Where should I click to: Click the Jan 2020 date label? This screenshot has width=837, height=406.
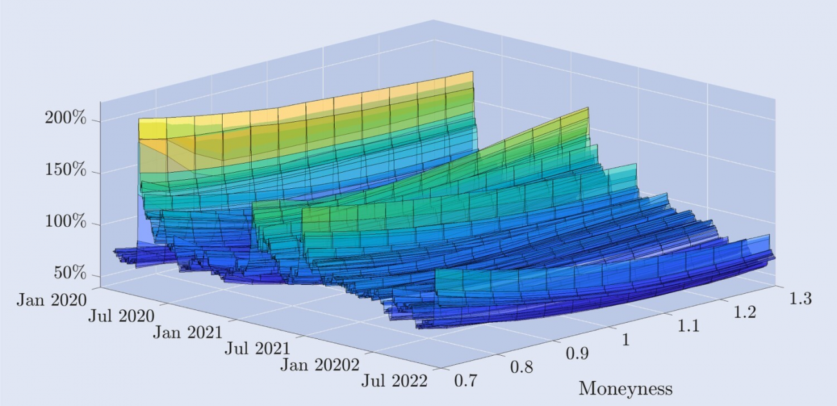pos(52,300)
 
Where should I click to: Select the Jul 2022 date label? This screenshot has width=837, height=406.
pos(394,381)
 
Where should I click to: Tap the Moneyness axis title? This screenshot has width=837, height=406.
pos(625,389)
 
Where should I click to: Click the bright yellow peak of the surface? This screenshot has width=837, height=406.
pos(152,128)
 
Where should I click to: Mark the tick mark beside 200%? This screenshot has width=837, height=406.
pos(97,121)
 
